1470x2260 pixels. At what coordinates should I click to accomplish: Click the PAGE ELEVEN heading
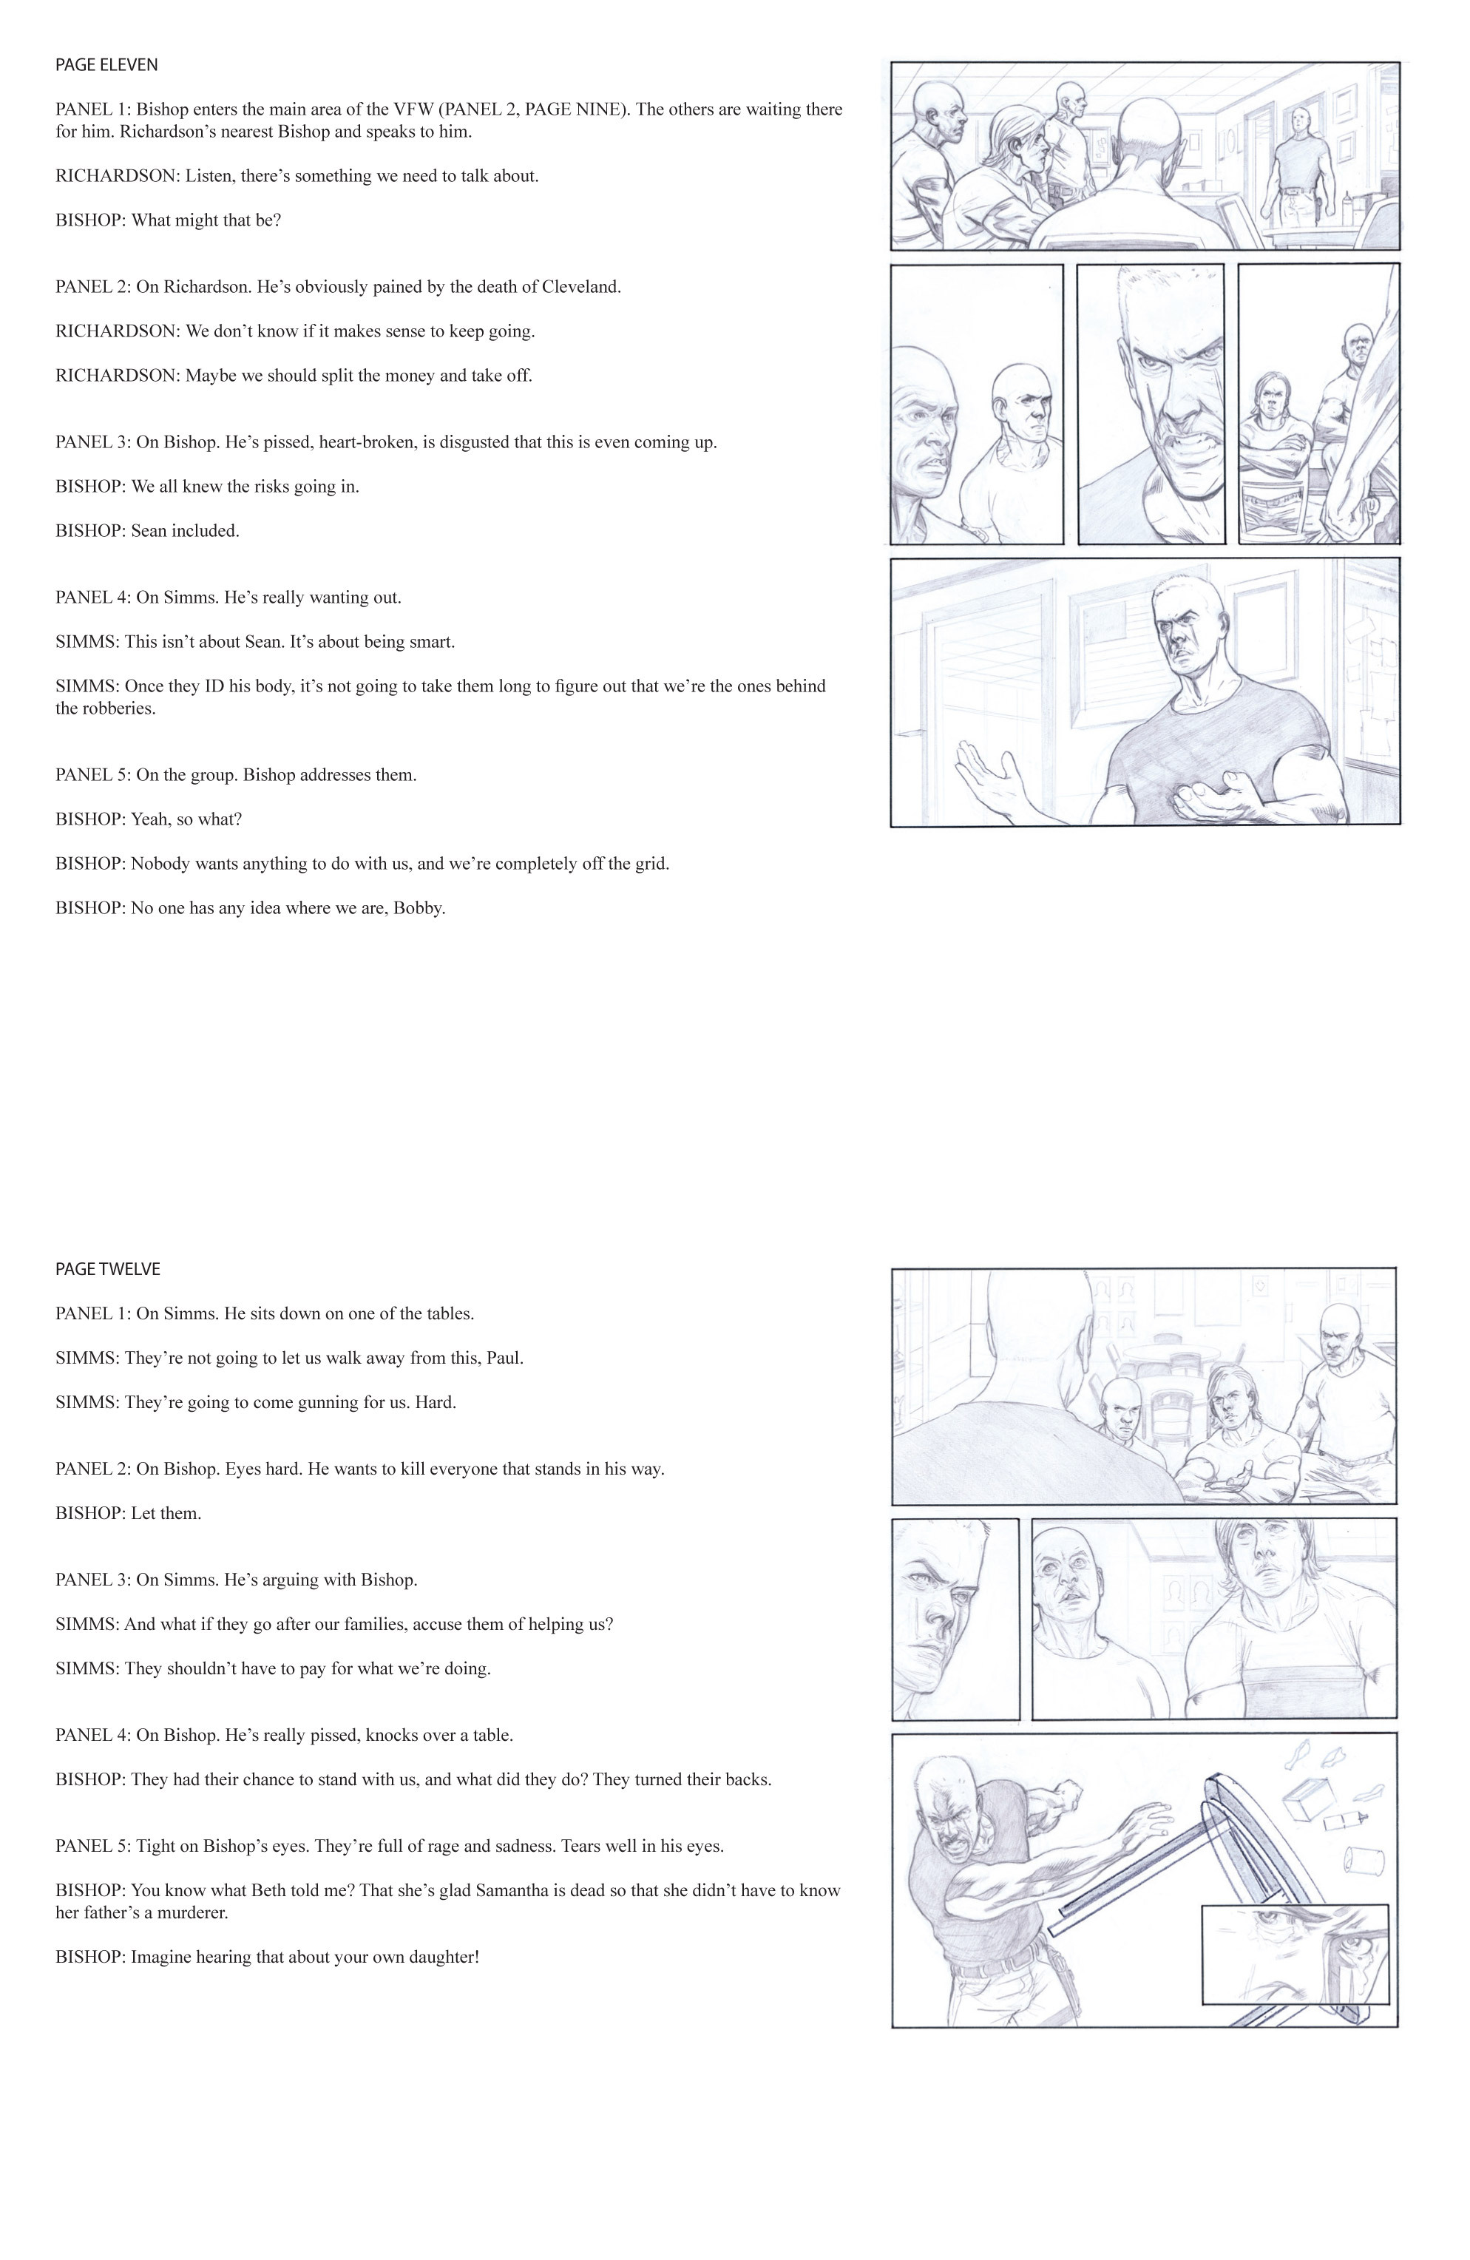point(106,64)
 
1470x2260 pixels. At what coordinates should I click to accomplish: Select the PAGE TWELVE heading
point(107,1268)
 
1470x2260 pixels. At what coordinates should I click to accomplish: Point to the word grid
point(651,863)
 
